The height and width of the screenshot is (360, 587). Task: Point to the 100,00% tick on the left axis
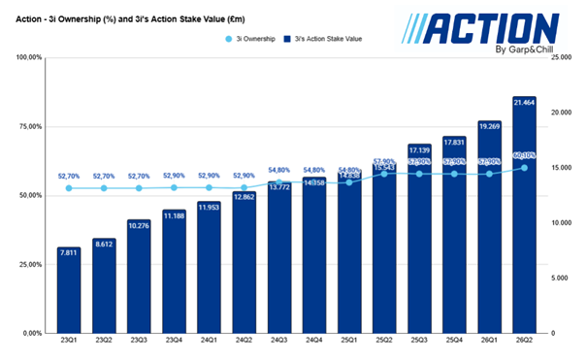point(25,58)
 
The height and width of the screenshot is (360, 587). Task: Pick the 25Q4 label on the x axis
point(452,342)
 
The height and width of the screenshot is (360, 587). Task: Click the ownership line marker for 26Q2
point(523,168)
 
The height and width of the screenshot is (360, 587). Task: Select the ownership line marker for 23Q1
point(69,188)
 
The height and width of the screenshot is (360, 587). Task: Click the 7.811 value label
point(69,252)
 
